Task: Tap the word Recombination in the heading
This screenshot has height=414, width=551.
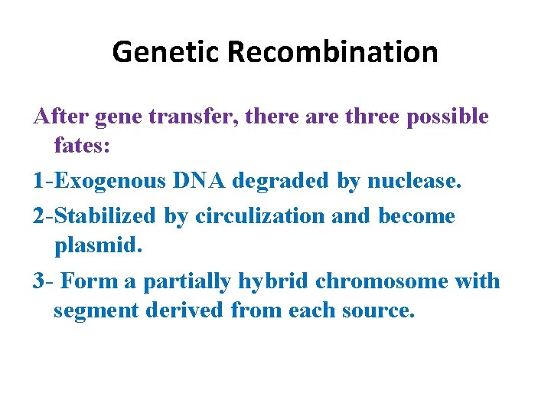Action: click(x=333, y=52)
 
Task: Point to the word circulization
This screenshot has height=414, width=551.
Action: click(x=260, y=216)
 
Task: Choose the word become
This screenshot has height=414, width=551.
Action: click(x=416, y=216)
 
